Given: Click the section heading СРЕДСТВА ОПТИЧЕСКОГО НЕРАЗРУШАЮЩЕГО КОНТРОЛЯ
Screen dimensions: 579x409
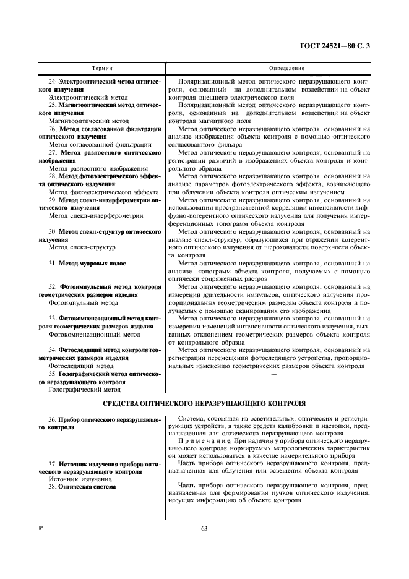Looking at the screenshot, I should tap(204, 403).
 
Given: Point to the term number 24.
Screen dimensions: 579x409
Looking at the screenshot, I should tap(52, 82).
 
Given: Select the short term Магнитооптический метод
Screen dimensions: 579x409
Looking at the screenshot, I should tap(88, 121).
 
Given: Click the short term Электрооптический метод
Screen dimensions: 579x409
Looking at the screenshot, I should tap(88, 97).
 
